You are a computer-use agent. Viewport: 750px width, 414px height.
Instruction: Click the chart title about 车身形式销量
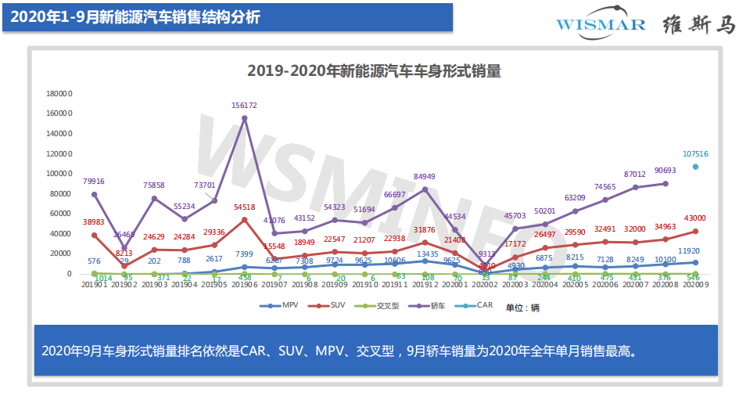[374, 70]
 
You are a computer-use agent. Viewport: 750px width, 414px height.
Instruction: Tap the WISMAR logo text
[601, 24]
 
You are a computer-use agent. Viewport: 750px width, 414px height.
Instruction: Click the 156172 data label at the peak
[244, 105]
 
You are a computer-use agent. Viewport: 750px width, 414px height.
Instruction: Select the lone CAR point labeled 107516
[694, 167]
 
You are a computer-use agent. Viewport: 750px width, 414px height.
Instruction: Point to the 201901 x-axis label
[95, 286]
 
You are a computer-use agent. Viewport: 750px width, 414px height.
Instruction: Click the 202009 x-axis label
[694, 286]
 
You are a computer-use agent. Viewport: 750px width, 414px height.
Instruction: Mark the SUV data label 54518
[245, 207]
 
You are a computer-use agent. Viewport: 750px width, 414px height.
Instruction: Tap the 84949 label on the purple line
[425, 176]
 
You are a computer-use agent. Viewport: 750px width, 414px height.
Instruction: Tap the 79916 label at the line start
[95, 182]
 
